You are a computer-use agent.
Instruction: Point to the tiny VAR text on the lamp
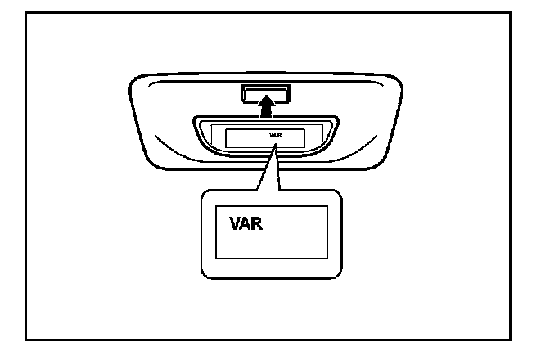pyautogui.click(x=275, y=134)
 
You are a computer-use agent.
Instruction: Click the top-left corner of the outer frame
pyautogui.click(x=26, y=13)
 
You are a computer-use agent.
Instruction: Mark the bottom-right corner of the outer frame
pyautogui.click(x=522, y=338)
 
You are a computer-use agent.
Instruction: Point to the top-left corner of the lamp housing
pyautogui.click(x=136, y=79)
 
